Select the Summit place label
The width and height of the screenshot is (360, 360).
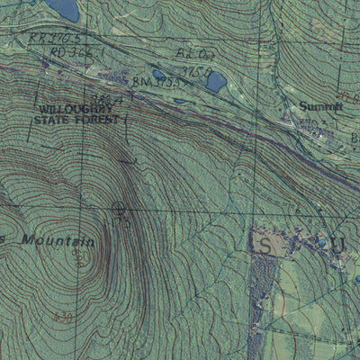tap(321, 106)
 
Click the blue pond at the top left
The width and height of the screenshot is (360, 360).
tap(62, 9)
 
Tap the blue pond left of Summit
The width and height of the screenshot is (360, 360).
tap(216, 82)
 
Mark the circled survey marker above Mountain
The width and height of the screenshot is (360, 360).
tap(119, 208)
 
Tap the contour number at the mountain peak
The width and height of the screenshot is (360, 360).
tap(82, 257)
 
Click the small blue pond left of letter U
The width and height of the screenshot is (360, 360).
tap(321, 243)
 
